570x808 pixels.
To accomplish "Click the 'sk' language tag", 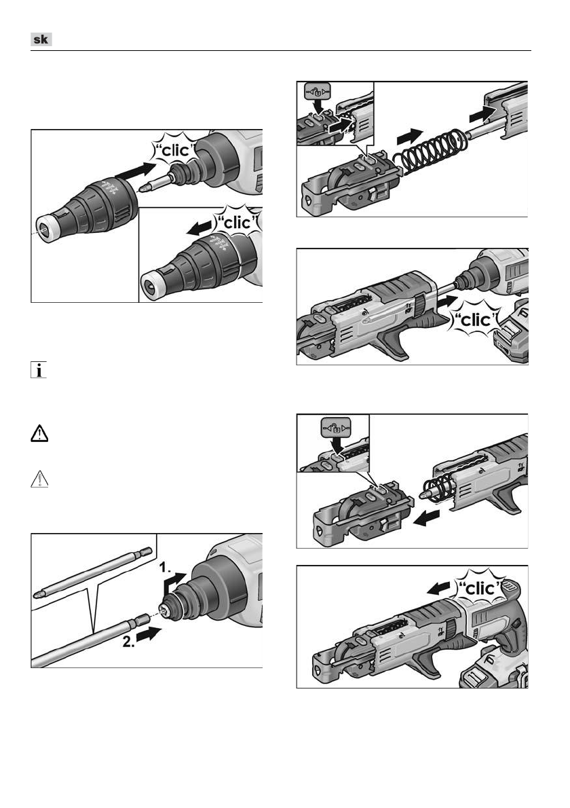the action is [x=41, y=39].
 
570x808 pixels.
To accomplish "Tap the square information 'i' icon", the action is [x=39, y=369].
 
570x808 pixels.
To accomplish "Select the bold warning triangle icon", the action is [x=39, y=433].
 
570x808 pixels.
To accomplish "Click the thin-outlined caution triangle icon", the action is [x=39, y=479].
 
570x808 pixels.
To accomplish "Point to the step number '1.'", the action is [x=166, y=568].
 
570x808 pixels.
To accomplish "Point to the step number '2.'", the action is [x=129, y=642].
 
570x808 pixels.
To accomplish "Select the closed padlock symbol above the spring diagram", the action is [x=317, y=93].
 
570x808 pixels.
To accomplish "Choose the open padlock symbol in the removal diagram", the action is [x=336, y=427].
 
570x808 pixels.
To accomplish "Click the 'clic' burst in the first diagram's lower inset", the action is [x=238, y=223].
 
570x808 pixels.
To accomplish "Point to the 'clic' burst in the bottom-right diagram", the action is [x=479, y=587].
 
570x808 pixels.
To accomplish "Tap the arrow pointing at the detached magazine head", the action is [x=427, y=517].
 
